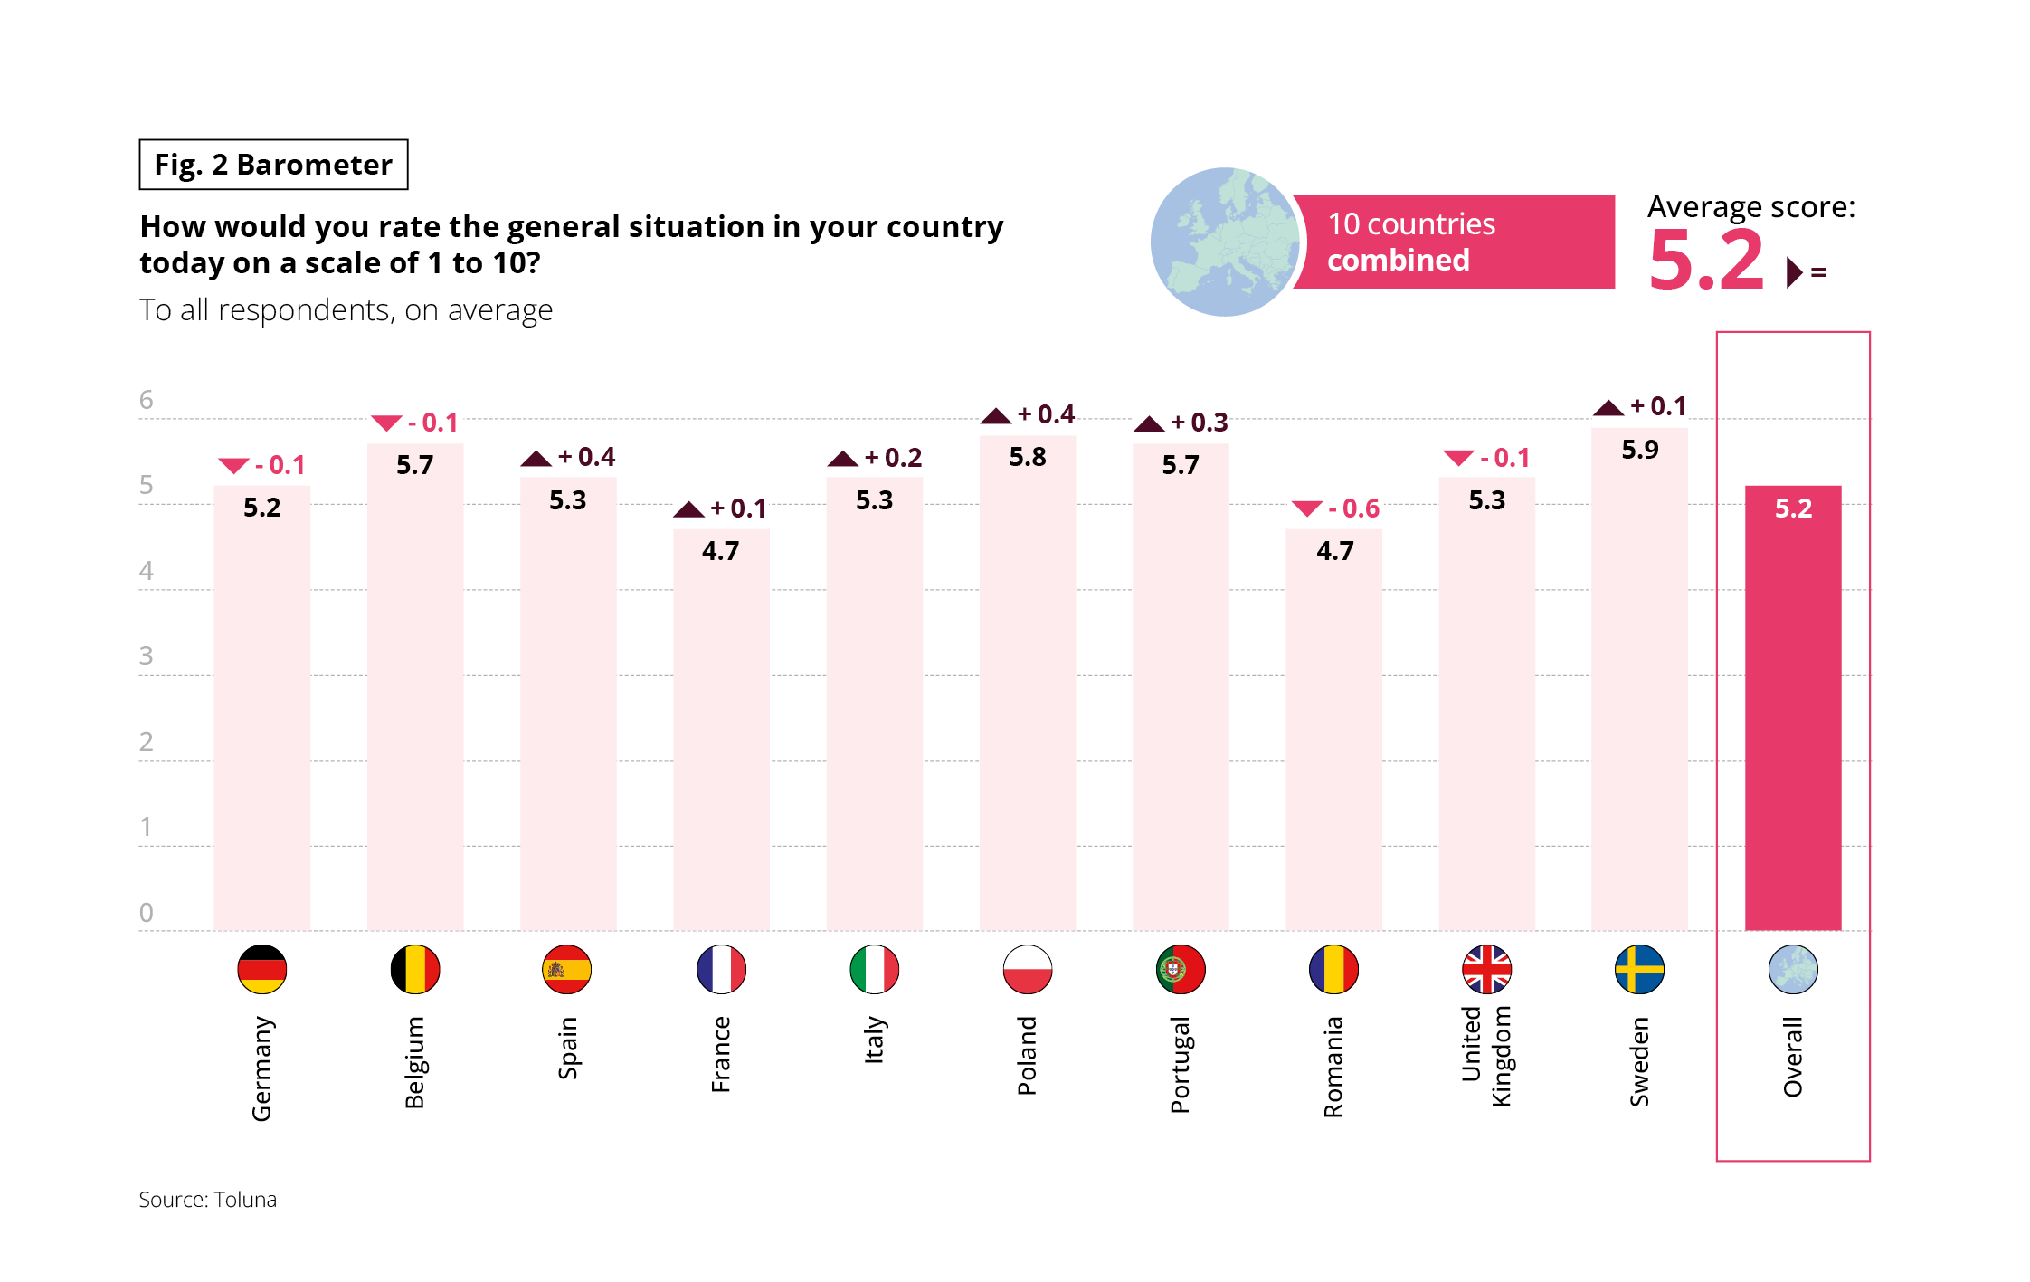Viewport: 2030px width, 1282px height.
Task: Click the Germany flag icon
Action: click(x=262, y=969)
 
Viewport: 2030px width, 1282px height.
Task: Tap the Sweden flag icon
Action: click(x=1639, y=969)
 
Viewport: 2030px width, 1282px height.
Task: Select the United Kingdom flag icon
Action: click(x=1486, y=969)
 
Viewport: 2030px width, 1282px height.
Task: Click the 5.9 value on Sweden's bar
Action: click(x=1639, y=450)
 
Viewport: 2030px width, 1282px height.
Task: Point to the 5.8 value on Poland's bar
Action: click(x=1028, y=457)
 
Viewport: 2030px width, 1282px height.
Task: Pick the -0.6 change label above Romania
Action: click(x=1354, y=508)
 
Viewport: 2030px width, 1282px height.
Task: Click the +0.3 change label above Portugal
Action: click(x=1200, y=423)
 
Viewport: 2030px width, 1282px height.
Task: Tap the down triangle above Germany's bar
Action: click(x=233, y=466)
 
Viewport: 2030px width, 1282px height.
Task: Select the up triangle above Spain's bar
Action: click(x=536, y=459)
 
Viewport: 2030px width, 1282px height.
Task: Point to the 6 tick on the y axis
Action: click(x=146, y=400)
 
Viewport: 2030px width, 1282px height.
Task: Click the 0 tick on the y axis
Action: click(x=146, y=913)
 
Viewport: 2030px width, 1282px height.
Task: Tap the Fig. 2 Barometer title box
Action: click(x=273, y=165)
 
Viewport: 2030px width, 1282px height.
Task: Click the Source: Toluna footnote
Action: click(x=208, y=1200)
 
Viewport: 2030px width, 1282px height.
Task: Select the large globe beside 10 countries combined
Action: click(x=1225, y=242)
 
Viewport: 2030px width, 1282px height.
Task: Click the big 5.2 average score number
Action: click(x=1706, y=261)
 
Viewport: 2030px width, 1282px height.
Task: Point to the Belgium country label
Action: click(x=414, y=1062)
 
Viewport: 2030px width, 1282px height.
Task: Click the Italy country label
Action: click(x=874, y=1040)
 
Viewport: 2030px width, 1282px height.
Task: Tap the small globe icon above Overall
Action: click(x=1793, y=969)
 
